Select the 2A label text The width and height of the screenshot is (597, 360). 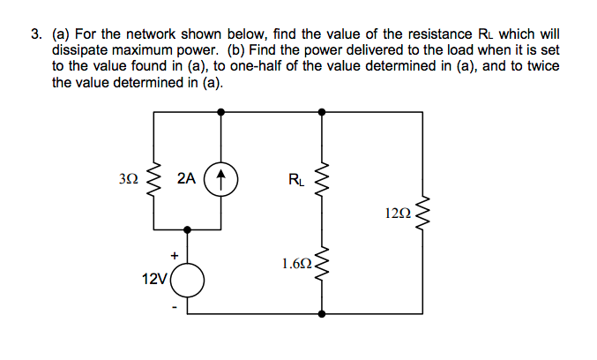186,179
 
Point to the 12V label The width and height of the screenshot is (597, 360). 153,279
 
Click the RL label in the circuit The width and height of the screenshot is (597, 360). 295,183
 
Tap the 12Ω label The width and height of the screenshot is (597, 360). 398,213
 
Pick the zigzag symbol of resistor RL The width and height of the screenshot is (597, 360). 321,182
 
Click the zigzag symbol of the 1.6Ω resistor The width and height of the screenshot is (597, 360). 321,263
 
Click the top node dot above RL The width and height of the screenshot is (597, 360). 321,112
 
